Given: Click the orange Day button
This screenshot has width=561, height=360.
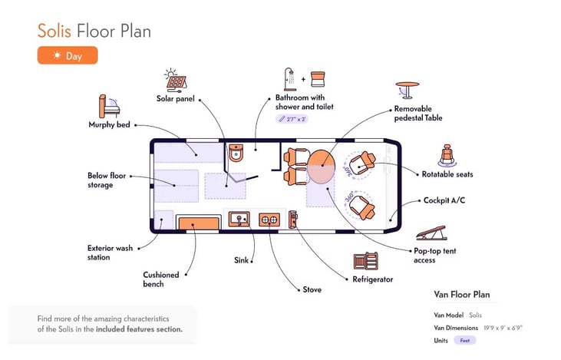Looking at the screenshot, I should (x=68, y=55).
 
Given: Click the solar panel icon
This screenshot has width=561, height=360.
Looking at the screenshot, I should (x=175, y=81).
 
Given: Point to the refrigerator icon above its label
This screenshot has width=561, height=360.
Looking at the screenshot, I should (x=365, y=262).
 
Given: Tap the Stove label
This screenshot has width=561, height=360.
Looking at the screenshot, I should (x=312, y=289).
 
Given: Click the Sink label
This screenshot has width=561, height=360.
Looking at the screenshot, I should (x=241, y=261).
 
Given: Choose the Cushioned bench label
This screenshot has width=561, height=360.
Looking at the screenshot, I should (x=161, y=279).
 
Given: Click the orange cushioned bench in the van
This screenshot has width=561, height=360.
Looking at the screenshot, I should (x=198, y=223).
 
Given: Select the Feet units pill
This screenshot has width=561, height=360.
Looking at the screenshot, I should (x=465, y=340).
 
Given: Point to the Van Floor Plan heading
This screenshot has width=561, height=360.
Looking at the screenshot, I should (x=462, y=295).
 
